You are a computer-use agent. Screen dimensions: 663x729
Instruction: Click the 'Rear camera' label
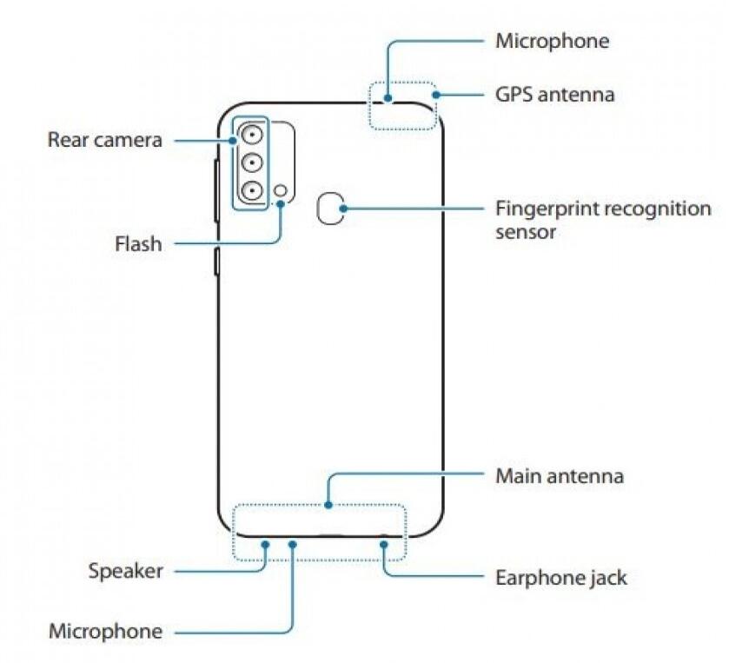coord(104,139)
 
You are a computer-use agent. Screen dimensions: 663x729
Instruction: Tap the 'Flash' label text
coord(138,244)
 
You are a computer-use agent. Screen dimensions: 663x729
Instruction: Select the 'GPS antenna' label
coord(554,94)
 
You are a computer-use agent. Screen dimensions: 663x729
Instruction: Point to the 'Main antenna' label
coord(560,475)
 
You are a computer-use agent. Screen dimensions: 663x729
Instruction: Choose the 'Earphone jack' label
coord(560,577)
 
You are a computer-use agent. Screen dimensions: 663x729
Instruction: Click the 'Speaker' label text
coord(125,571)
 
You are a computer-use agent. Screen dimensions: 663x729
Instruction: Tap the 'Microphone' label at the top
coord(552,41)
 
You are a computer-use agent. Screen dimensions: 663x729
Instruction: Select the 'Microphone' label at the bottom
coord(105,631)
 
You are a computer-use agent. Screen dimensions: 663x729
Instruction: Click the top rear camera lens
coord(252,134)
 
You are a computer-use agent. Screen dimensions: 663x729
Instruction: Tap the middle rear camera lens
coord(252,162)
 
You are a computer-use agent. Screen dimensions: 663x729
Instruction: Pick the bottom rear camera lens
coord(252,191)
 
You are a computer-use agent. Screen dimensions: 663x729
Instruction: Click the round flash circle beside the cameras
coord(281,191)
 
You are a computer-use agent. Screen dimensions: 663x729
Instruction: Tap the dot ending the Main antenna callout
coord(327,503)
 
